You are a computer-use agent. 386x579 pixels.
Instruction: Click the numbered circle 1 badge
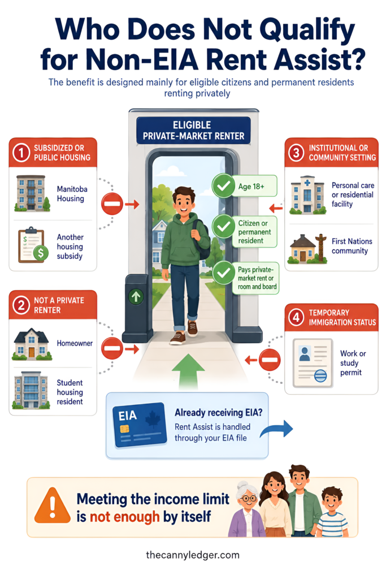tap(21, 153)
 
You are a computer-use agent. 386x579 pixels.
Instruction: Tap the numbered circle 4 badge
tap(296, 317)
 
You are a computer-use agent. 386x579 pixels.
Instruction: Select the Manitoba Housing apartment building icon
tap(32, 193)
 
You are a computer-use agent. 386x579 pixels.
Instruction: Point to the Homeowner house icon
tap(32, 344)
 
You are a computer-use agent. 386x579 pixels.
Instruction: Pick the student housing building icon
tap(31, 390)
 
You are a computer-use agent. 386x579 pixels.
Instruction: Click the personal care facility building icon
tap(307, 195)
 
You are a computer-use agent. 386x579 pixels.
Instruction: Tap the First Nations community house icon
tap(308, 249)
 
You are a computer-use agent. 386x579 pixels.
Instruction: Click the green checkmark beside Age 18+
tap(224, 185)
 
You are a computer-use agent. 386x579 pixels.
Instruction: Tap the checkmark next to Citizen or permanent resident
tap(224, 226)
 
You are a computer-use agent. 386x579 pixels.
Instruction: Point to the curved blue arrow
tap(277, 429)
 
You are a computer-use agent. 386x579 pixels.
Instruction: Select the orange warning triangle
tap(53, 505)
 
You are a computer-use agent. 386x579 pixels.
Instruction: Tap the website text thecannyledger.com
tap(193, 555)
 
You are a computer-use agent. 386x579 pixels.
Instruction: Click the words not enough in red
tap(124, 517)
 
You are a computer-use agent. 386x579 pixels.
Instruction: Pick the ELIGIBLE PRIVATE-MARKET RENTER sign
tap(193, 131)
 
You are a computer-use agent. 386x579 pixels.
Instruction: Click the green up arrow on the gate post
tap(136, 296)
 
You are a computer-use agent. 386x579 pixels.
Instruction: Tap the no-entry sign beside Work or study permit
tap(270, 360)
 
